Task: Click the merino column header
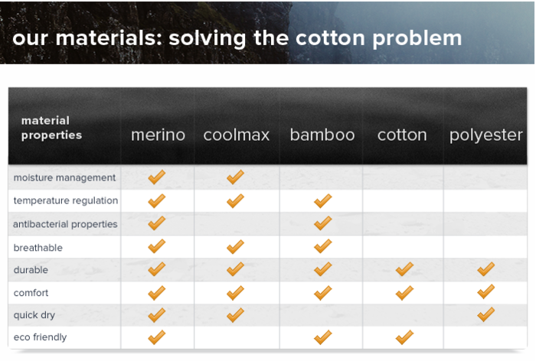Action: pyautogui.click(x=158, y=135)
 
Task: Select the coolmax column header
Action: pyautogui.click(x=236, y=135)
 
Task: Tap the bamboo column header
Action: pyautogui.click(x=322, y=135)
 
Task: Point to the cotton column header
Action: pyautogui.click(x=402, y=135)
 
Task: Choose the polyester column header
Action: pyautogui.click(x=485, y=135)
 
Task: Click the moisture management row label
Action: pyautogui.click(x=64, y=178)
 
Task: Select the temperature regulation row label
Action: pyautogui.click(x=66, y=201)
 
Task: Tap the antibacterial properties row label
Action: pyautogui.click(x=65, y=224)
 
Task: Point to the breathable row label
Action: pyautogui.click(x=38, y=248)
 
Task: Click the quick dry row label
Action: pyautogui.click(x=34, y=315)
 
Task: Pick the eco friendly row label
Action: pyautogui.click(x=40, y=337)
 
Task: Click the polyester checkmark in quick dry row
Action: pyautogui.click(x=485, y=314)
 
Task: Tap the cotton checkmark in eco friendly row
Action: pyautogui.click(x=404, y=337)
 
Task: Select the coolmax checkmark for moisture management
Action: pyautogui.click(x=235, y=177)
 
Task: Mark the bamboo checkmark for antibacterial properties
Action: pyautogui.click(x=322, y=223)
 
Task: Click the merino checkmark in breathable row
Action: pyautogui.click(x=156, y=246)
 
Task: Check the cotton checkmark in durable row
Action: pyautogui.click(x=404, y=269)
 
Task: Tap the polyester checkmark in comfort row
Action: pyautogui.click(x=485, y=291)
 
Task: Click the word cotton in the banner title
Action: pyautogui.click(x=331, y=38)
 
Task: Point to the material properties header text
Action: pyautogui.click(x=51, y=128)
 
